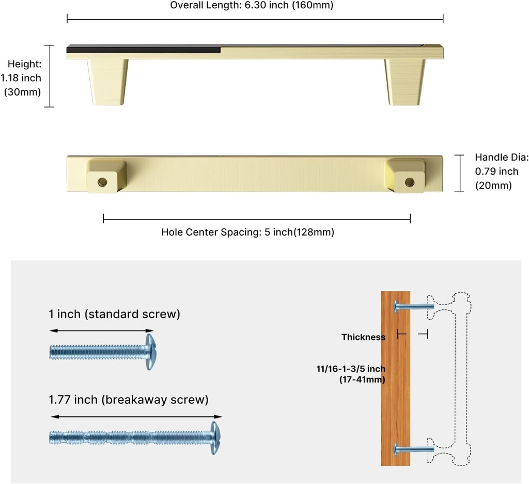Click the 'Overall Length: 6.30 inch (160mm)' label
click(252, 5)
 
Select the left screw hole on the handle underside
click(102, 182)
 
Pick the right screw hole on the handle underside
click(409, 182)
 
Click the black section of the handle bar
click(144, 49)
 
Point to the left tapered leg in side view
click(107, 82)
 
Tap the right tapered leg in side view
click(405, 82)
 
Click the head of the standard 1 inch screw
click(150, 352)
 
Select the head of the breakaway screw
click(215, 438)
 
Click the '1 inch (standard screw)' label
click(114, 314)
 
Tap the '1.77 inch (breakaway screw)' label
click(129, 400)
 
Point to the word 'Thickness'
click(363, 337)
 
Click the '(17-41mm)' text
click(362, 380)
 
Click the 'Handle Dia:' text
click(502, 157)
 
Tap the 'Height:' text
click(25, 64)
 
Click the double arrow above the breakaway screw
click(136, 417)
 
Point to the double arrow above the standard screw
click(102, 331)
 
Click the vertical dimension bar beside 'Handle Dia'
click(459, 174)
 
